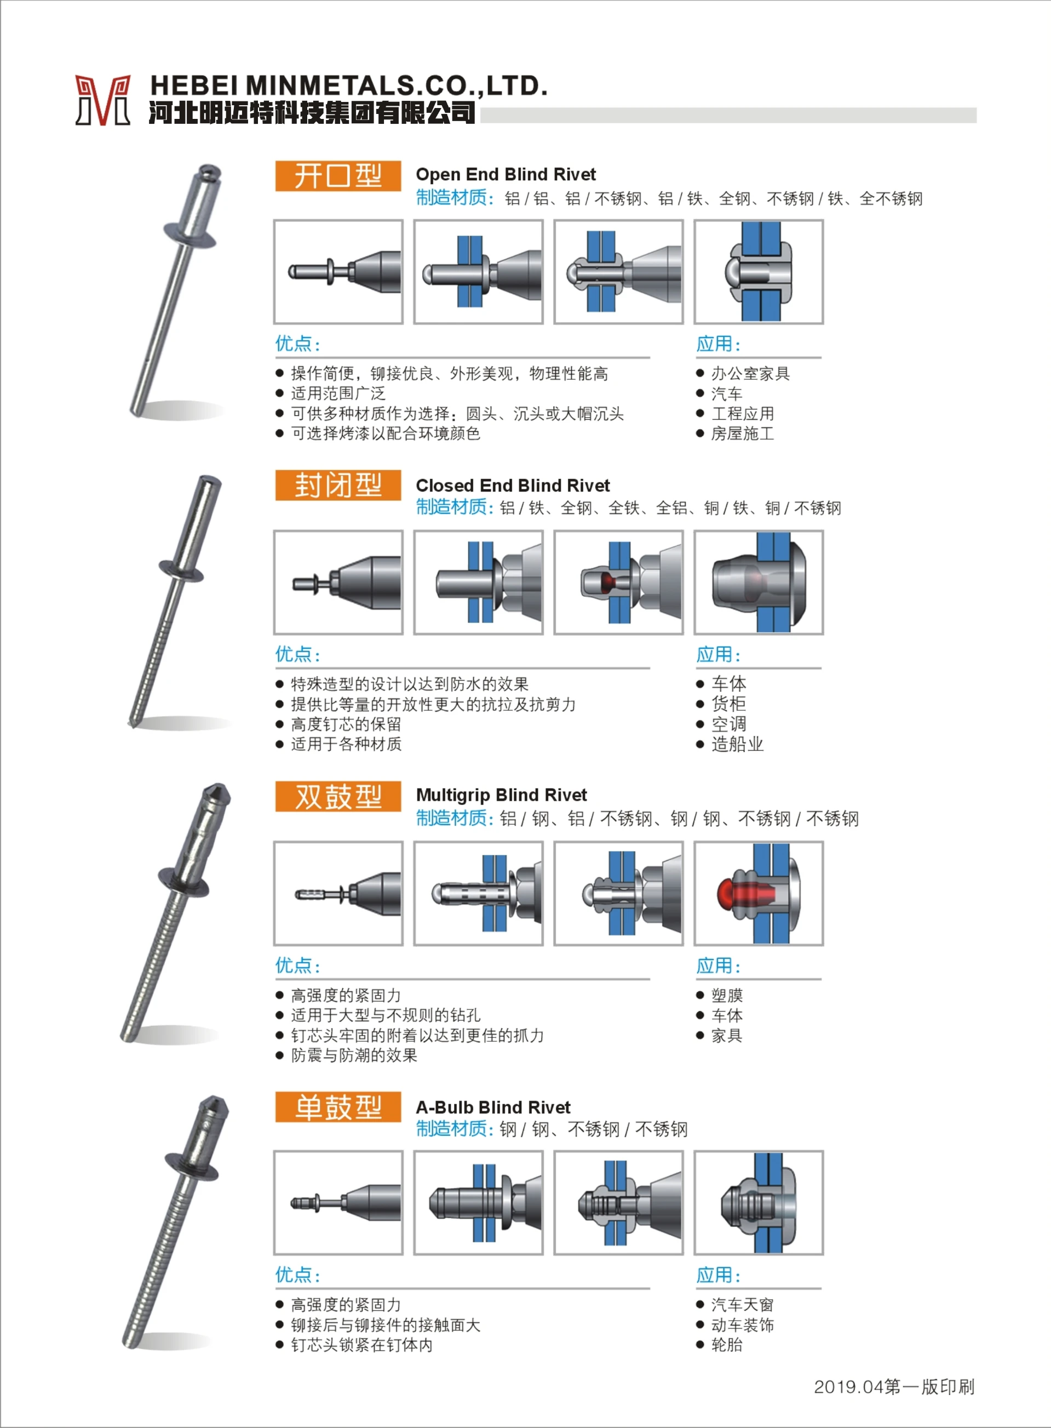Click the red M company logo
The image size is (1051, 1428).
(x=102, y=100)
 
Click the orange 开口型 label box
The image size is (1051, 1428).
(x=338, y=176)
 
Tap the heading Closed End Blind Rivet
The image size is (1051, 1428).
(x=512, y=485)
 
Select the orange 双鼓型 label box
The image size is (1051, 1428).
(x=338, y=797)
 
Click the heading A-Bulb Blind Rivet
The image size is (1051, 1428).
(x=493, y=1107)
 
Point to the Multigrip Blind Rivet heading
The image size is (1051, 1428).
(x=501, y=796)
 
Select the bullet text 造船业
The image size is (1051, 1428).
(x=737, y=744)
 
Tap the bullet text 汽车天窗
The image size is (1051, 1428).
(x=742, y=1305)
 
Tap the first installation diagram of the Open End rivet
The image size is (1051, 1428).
(x=338, y=272)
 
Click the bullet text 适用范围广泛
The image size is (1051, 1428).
(x=338, y=394)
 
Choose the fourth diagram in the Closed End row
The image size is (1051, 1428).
(x=759, y=582)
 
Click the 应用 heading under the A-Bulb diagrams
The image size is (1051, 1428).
(x=717, y=1275)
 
